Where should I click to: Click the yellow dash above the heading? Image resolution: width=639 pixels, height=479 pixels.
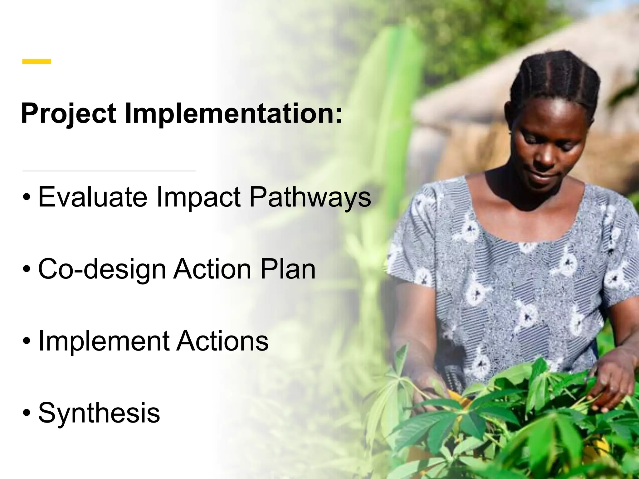click(x=37, y=61)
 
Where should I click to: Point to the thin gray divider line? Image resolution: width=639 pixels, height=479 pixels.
click(x=109, y=171)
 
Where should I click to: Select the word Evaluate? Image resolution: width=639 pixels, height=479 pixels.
click(x=92, y=197)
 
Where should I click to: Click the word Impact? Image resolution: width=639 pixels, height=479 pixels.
click(x=198, y=197)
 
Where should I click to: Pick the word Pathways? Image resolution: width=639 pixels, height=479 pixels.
click(x=310, y=197)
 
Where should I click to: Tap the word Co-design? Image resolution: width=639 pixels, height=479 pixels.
click(x=102, y=269)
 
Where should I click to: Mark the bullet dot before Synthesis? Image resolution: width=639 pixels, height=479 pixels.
click(x=27, y=413)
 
